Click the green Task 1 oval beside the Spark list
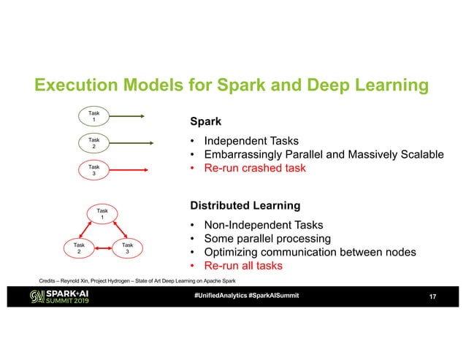93,115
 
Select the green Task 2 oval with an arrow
93,142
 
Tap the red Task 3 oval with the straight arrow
93,170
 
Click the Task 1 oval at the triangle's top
102,214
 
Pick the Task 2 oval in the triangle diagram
78,248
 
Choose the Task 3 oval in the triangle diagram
127,248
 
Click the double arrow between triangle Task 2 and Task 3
103,249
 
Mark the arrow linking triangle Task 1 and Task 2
88,231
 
